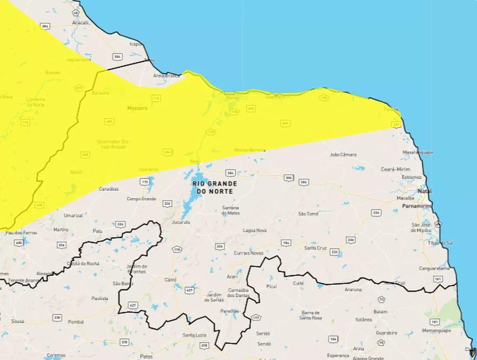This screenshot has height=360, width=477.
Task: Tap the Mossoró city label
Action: click(137, 108)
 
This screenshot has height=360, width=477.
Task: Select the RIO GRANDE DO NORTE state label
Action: click(213, 187)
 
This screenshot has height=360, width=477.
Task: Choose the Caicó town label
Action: click(170, 279)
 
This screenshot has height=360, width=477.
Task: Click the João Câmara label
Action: click(343, 155)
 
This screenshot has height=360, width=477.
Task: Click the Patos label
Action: click(146, 356)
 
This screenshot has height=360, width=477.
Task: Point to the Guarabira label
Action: click(386, 332)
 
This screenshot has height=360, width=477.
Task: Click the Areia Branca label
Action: click(166, 76)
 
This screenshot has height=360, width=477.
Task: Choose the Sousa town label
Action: click(18, 321)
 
